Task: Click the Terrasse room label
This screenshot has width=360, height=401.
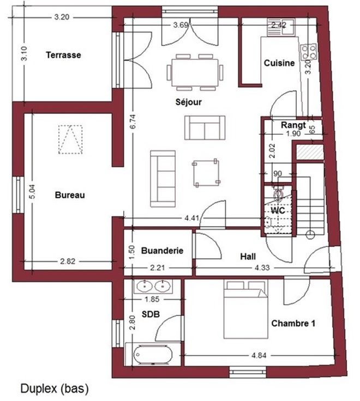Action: point(63,55)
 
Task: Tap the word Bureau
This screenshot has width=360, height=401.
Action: point(70,195)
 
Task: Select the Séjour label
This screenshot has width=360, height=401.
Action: point(188,102)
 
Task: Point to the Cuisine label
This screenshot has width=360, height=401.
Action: point(279,63)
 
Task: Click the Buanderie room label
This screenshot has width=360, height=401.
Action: point(162,251)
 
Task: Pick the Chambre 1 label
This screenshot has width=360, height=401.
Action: point(293,324)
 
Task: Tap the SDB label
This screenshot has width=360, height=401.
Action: point(151,314)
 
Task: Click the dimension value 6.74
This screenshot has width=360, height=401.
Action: point(133,121)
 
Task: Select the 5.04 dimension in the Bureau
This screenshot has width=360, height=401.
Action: point(32,192)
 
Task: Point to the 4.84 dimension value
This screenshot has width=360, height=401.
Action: point(259,355)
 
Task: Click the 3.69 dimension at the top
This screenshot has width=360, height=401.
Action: point(181,25)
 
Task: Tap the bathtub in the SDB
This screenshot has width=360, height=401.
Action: point(153,355)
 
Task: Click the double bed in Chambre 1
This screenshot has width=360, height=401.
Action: point(246,309)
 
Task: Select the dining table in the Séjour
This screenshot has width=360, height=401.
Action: point(195,72)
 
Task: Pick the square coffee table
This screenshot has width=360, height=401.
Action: point(206,173)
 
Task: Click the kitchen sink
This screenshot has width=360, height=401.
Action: point(281,27)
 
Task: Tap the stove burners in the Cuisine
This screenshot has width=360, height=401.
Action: point(309,52)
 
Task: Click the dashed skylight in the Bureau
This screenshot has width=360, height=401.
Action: point(70,139)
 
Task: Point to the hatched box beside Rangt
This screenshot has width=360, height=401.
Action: point(310,152)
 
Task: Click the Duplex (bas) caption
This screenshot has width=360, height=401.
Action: point(55,388)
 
